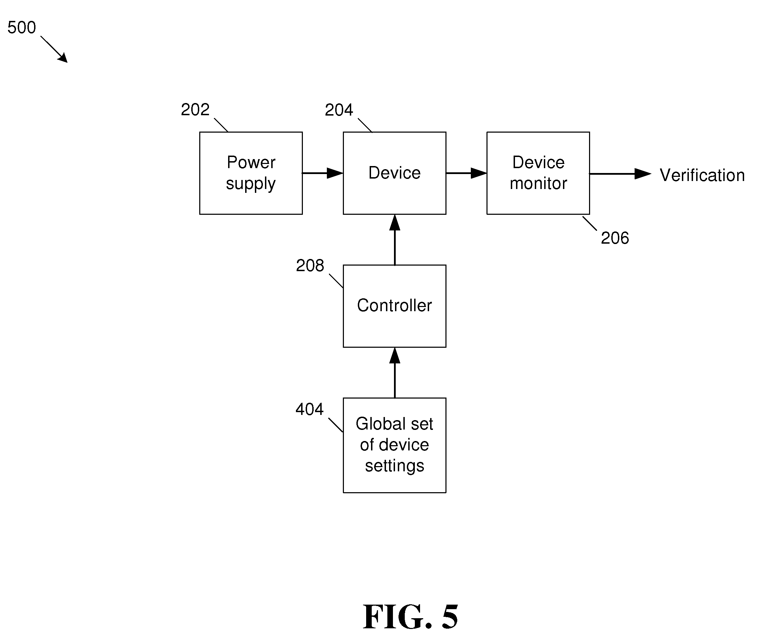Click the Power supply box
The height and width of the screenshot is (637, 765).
[251, 173]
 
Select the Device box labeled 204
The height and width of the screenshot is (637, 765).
[395, 173]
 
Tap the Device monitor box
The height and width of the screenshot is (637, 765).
[538, 173]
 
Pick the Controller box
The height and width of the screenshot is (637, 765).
[395, 306]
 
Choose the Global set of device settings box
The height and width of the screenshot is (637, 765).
[395, 445]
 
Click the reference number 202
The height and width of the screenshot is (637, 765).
[195, 109]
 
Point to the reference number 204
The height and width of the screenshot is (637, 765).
[339, 110]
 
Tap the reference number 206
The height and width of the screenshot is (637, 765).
[615, 238]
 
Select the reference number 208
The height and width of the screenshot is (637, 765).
[310, 266]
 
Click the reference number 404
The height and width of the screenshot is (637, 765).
[309, 409]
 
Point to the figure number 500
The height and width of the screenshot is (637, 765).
[22, 27]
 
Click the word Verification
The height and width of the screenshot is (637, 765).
[702, 175]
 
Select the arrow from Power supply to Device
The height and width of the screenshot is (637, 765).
[323, 173]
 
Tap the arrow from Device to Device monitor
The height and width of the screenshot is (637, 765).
[466, 173]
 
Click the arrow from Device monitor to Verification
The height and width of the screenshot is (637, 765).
[620, 174]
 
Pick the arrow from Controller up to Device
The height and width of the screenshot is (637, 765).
[395, 240]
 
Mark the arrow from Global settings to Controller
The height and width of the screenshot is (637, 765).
[395, 373]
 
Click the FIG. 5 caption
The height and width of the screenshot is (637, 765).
[411, 617]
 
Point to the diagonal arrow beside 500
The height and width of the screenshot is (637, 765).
[54, 49]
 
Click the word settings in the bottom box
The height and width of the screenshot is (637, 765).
[395, 466]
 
